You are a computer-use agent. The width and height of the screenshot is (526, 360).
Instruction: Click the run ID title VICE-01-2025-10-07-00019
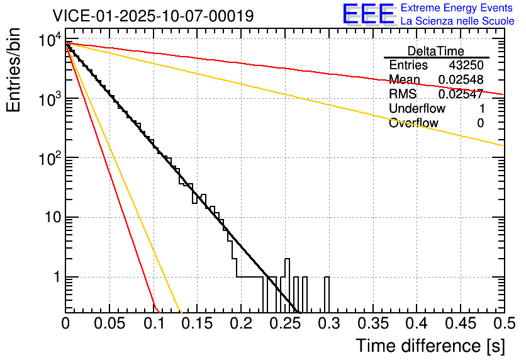point(153,16)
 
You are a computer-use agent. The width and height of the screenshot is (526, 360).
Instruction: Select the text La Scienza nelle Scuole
point(457,21)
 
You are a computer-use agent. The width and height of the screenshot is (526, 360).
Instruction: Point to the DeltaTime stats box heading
point(435,51)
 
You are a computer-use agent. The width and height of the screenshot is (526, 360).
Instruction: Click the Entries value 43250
point(466,65)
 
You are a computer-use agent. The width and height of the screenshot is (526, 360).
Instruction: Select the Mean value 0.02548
point(461,80)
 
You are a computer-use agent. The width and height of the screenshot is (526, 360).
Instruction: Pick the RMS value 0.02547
point(461,94)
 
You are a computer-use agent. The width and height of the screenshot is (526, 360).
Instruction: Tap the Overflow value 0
point(480,123)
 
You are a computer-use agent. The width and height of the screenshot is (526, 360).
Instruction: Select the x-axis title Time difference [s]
point(429,346)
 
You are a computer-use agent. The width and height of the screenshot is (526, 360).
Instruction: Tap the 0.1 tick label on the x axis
point(154,324)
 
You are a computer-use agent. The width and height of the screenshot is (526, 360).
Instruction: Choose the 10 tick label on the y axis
point(52,218)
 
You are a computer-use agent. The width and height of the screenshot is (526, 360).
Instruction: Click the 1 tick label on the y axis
point(56,278)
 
